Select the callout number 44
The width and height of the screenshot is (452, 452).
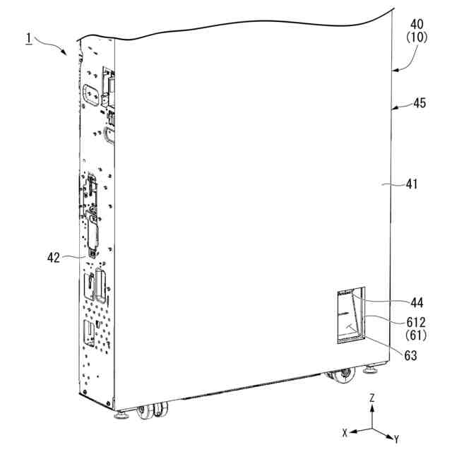click(x=417, y=302)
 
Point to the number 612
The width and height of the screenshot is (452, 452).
click(x=417, y=321)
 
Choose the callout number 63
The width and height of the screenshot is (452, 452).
click(x=410, y=355)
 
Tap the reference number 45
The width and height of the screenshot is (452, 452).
click(x=420, y=103)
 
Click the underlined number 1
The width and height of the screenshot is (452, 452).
click(x=28, y=37)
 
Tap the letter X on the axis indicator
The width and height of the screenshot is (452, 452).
click(x=344, y=431)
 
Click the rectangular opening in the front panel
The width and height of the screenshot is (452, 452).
click(x=350, y=316)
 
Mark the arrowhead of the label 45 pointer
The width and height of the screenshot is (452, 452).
click(x=394, y=107)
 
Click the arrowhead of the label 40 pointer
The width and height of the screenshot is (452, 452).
click(x=394, y=70)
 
